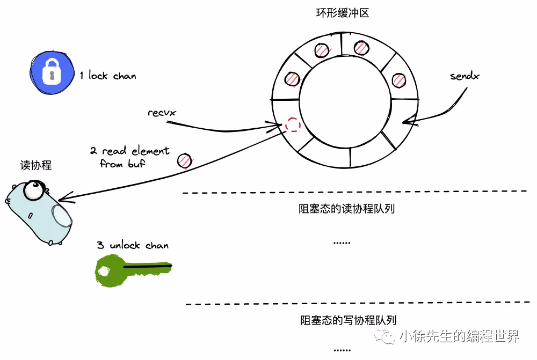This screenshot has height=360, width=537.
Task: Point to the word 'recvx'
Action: pos(162,113)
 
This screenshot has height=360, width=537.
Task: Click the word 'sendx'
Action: pos(465,76)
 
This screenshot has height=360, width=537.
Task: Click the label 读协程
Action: pos(39,165)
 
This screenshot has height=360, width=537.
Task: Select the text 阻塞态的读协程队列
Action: pos(346,208)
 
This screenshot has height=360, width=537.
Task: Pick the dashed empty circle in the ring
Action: pos(293,125)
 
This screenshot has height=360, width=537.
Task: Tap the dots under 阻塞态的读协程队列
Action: pos(342,243)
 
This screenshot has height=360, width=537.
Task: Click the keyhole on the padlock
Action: pos(52,76)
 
